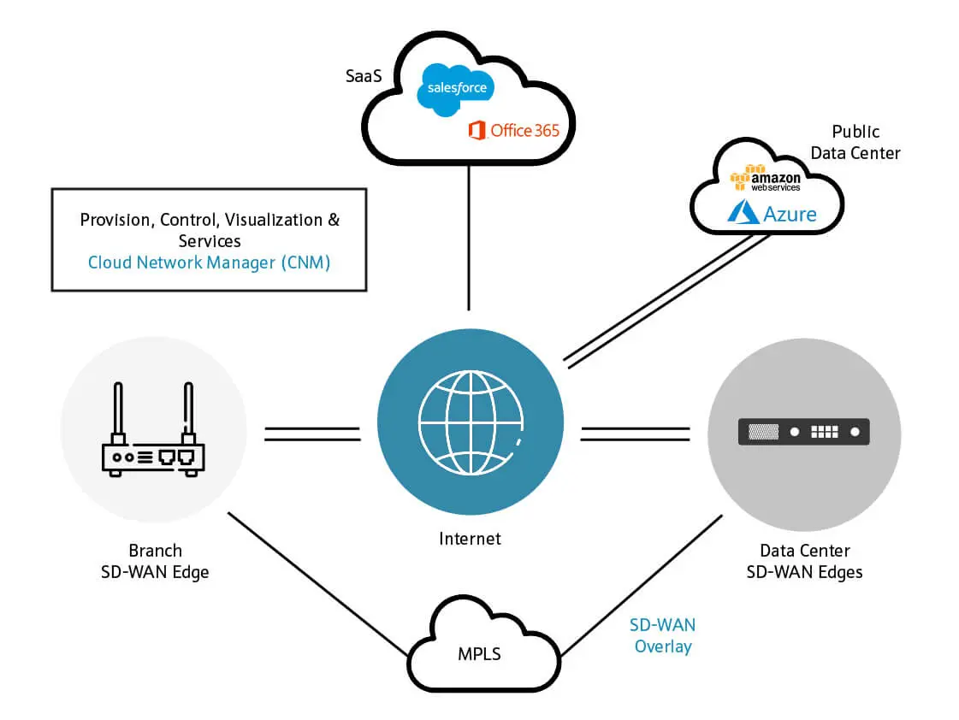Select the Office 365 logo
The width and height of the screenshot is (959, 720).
click(x=513, y=130)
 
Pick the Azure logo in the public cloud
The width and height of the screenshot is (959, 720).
click(x=772, y=213)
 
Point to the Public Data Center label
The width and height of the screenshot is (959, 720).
click(x=855, y=142)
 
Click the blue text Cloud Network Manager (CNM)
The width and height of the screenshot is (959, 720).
click(x=209, y=263)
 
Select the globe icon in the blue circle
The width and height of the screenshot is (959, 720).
click(x=470, y=423)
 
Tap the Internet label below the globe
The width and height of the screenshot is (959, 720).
click(x=470, y=539)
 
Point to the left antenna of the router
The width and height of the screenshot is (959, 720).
click(x=119, y=410)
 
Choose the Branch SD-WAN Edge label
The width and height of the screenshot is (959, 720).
click(x=155, y=562)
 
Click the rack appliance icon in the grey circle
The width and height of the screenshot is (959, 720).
click(x=804, y=432)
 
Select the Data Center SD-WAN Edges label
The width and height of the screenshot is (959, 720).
click(x=804, y=562)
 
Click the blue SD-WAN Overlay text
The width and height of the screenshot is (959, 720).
click(x=662, y=635)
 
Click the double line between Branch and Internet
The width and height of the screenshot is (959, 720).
click(x=311, y=434)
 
